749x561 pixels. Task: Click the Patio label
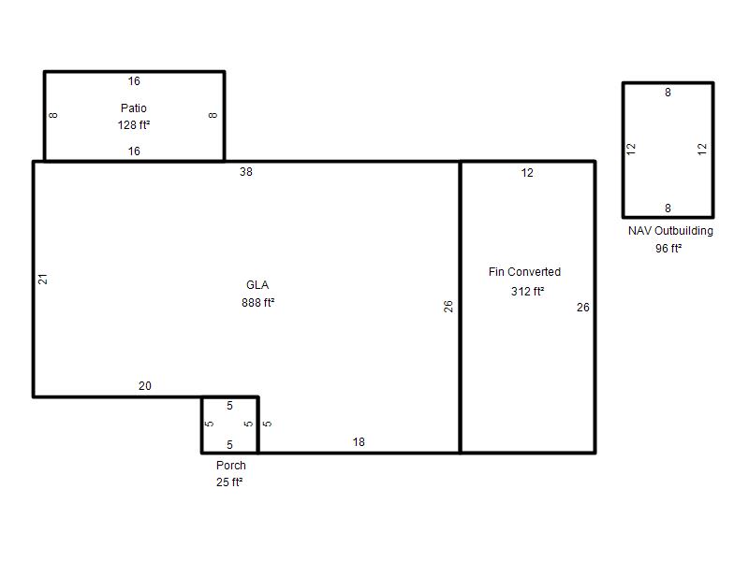133,108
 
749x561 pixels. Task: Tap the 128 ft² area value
134,125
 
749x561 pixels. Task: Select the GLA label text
257,285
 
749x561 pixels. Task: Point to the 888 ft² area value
258,302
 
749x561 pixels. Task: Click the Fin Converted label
524,272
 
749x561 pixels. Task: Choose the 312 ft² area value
527,291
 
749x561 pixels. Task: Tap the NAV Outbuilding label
670,231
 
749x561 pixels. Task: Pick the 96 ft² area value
668,248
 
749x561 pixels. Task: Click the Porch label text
231,465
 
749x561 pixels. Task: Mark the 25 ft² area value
229,482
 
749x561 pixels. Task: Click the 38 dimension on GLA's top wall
246,172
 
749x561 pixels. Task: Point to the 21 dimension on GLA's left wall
43,279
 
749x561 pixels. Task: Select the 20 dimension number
145,385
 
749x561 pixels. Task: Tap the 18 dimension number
359,442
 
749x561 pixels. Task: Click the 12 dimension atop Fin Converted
527,173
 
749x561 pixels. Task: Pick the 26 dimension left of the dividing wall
448,307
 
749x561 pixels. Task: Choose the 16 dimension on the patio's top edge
134,81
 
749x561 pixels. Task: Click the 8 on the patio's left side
53,115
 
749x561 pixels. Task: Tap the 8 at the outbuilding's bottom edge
668,209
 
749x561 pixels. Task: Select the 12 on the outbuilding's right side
702,150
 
